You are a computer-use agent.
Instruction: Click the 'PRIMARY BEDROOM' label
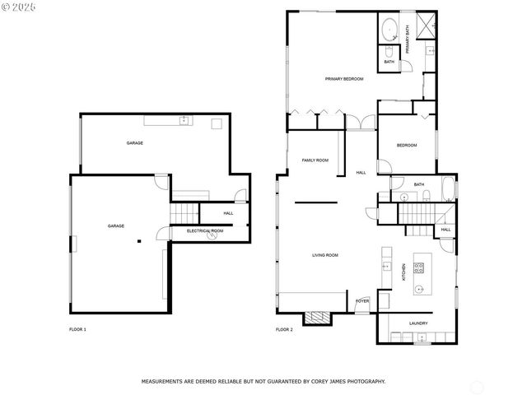344,79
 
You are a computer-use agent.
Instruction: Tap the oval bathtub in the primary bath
389,31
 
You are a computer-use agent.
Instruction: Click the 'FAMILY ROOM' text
315,160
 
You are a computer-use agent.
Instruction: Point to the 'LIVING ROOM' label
324,255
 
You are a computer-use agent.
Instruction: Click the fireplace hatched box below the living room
316,318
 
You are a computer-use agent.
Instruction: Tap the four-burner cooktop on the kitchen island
418,267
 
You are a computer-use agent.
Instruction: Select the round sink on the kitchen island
420,289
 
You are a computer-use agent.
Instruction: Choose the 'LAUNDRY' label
418,323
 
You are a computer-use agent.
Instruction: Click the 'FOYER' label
362,301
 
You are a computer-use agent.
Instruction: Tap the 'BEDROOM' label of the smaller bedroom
407,146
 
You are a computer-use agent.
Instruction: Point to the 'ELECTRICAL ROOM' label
205,231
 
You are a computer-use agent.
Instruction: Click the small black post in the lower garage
139,241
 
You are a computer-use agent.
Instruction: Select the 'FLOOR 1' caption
77,329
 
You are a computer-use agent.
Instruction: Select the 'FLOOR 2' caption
284,329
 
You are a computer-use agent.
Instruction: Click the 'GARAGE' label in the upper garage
134,143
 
